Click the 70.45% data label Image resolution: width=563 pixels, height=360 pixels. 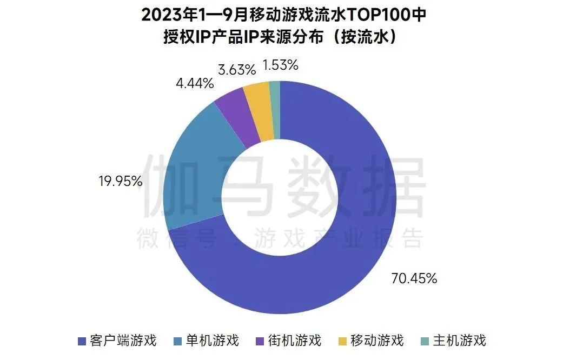pyautogui.click(x=413, y=278)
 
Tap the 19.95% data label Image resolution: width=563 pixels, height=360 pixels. pyautogui.click(x=121, y=181)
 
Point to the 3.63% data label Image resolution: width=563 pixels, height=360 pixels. pyautogui.click(x=237, y=69)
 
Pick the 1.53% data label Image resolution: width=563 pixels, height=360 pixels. pyautogui.click(x=280, y=65)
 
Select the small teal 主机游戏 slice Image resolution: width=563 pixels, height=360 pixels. pyautogui.click(x=275, y=108)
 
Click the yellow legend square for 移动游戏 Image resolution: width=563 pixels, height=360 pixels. pyautogui.click(x=342, y=341)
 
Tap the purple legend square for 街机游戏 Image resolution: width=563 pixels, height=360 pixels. pyautogui.click(x=259, y=341)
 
